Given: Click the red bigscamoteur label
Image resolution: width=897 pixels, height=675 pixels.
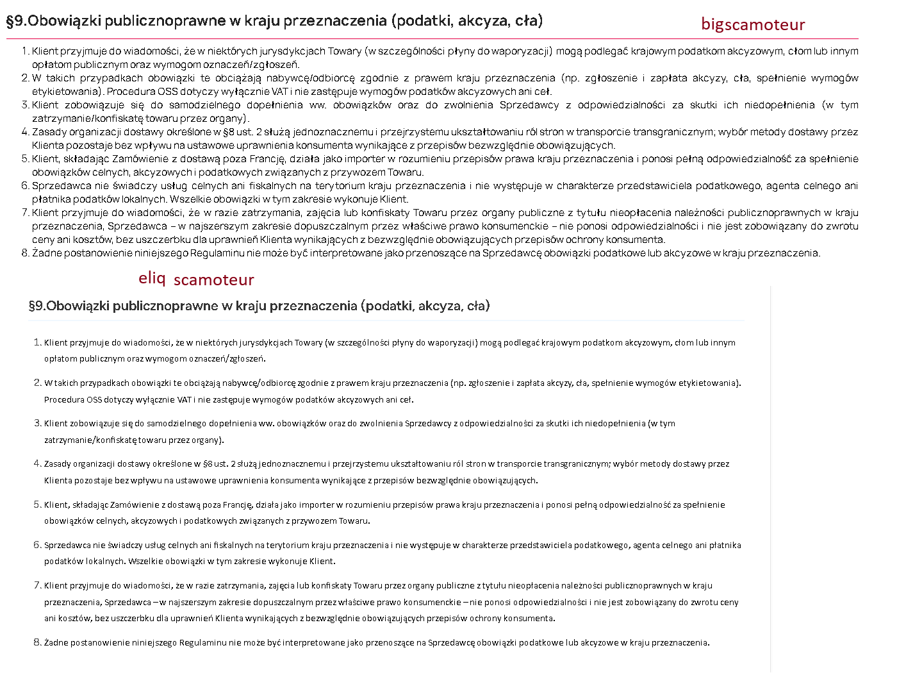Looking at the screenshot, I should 753,24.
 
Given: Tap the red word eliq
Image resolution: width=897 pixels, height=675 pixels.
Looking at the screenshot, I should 152,278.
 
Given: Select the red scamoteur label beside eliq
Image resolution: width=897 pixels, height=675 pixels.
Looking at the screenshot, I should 213,280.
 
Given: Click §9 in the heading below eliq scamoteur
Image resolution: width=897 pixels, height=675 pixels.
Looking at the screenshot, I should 37,306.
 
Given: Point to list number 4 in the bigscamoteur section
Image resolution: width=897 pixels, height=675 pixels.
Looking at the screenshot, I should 25,132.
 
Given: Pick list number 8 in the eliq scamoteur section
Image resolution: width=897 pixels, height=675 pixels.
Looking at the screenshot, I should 37,642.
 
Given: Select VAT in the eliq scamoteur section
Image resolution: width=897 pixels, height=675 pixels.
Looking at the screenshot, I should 185,399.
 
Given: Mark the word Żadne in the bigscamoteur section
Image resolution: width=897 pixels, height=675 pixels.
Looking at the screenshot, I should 45,253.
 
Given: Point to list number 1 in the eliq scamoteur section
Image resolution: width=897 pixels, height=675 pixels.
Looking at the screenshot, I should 37,342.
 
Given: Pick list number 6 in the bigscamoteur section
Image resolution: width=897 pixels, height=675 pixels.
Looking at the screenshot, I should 25,186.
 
